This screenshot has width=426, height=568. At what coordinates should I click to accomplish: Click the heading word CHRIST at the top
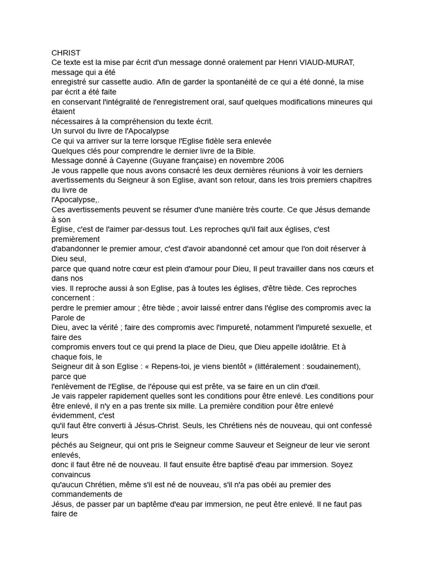[x=66, y=53]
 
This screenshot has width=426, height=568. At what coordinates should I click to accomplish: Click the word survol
[x=76, y=131]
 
